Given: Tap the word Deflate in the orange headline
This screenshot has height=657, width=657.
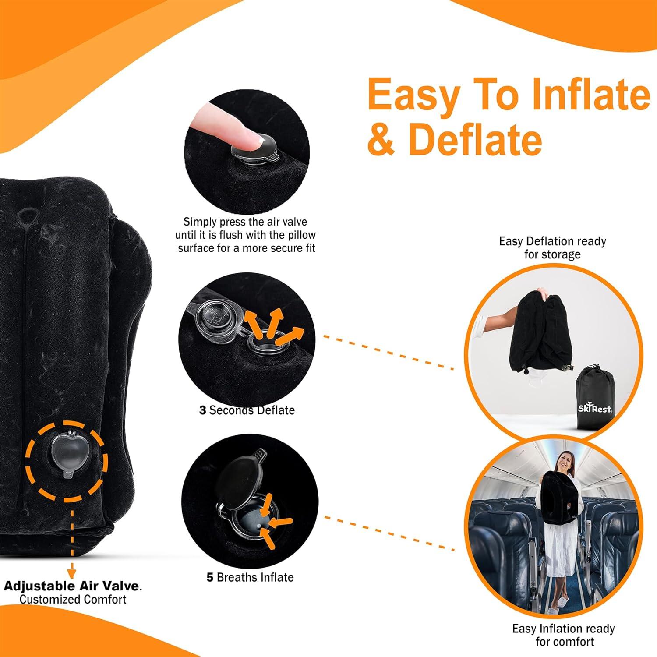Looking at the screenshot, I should point(475,139).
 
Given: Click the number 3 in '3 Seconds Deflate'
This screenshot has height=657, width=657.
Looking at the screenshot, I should point(202,410).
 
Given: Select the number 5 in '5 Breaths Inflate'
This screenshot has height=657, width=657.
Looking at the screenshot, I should point(210,577).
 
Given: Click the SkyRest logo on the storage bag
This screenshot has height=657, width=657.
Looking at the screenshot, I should point(595,409).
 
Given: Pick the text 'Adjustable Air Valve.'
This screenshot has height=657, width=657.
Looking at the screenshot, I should point(73,586).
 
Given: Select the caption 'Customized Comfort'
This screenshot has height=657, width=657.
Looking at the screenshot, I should point(73,599).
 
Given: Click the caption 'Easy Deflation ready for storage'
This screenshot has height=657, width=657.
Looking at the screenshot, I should point(552,247).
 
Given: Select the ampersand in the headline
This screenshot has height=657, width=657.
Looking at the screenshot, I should point(381,139).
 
